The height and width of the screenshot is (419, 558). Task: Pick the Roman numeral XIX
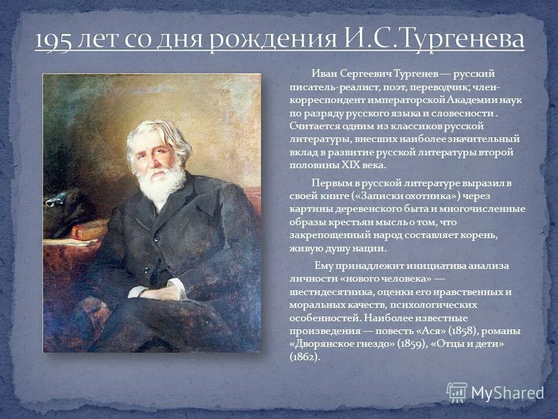338,165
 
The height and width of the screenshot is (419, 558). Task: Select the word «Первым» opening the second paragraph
328,183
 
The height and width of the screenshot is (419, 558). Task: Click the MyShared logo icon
457,392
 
